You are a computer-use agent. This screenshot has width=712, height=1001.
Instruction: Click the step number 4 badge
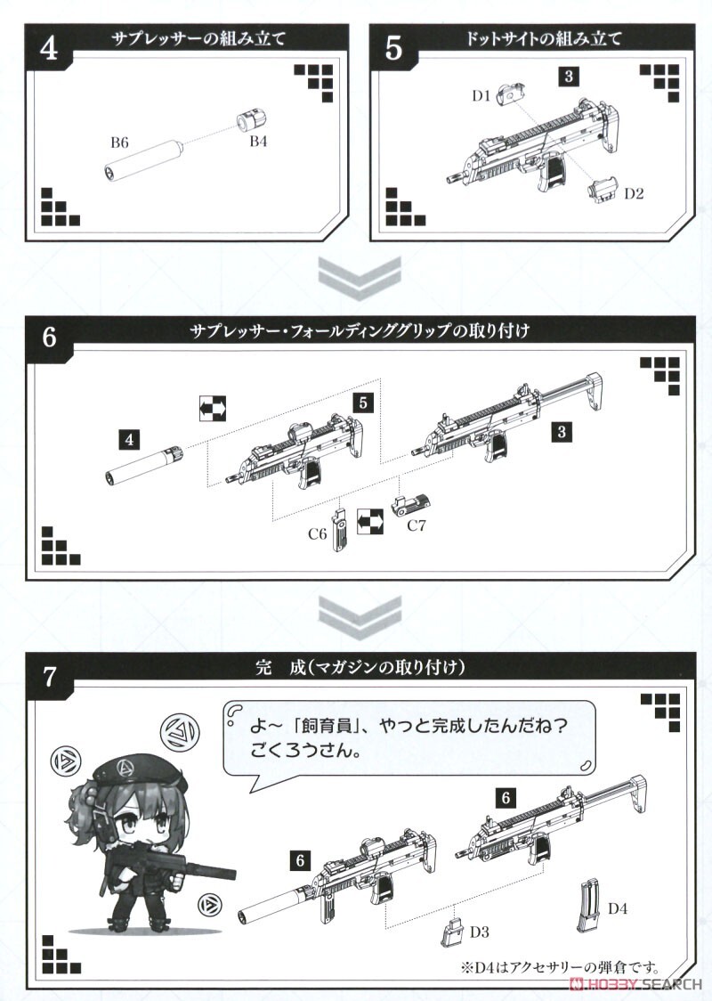point(50,49)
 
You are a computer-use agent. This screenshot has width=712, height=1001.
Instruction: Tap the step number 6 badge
point(50,338)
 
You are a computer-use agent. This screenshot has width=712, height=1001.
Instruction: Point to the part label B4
point(258,142)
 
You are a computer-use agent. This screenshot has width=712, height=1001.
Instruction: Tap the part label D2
point(634,191)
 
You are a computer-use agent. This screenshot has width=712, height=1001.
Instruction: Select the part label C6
point(318,534)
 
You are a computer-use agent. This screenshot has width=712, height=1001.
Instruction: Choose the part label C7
point(417,525)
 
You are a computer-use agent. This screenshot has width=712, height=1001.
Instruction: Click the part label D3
point(480,932)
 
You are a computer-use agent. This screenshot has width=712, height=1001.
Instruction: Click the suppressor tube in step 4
point(142,160)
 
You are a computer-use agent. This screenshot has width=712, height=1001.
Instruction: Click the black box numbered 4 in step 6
point(131,439)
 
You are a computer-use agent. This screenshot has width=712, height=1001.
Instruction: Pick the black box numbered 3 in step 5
point(569,77)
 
